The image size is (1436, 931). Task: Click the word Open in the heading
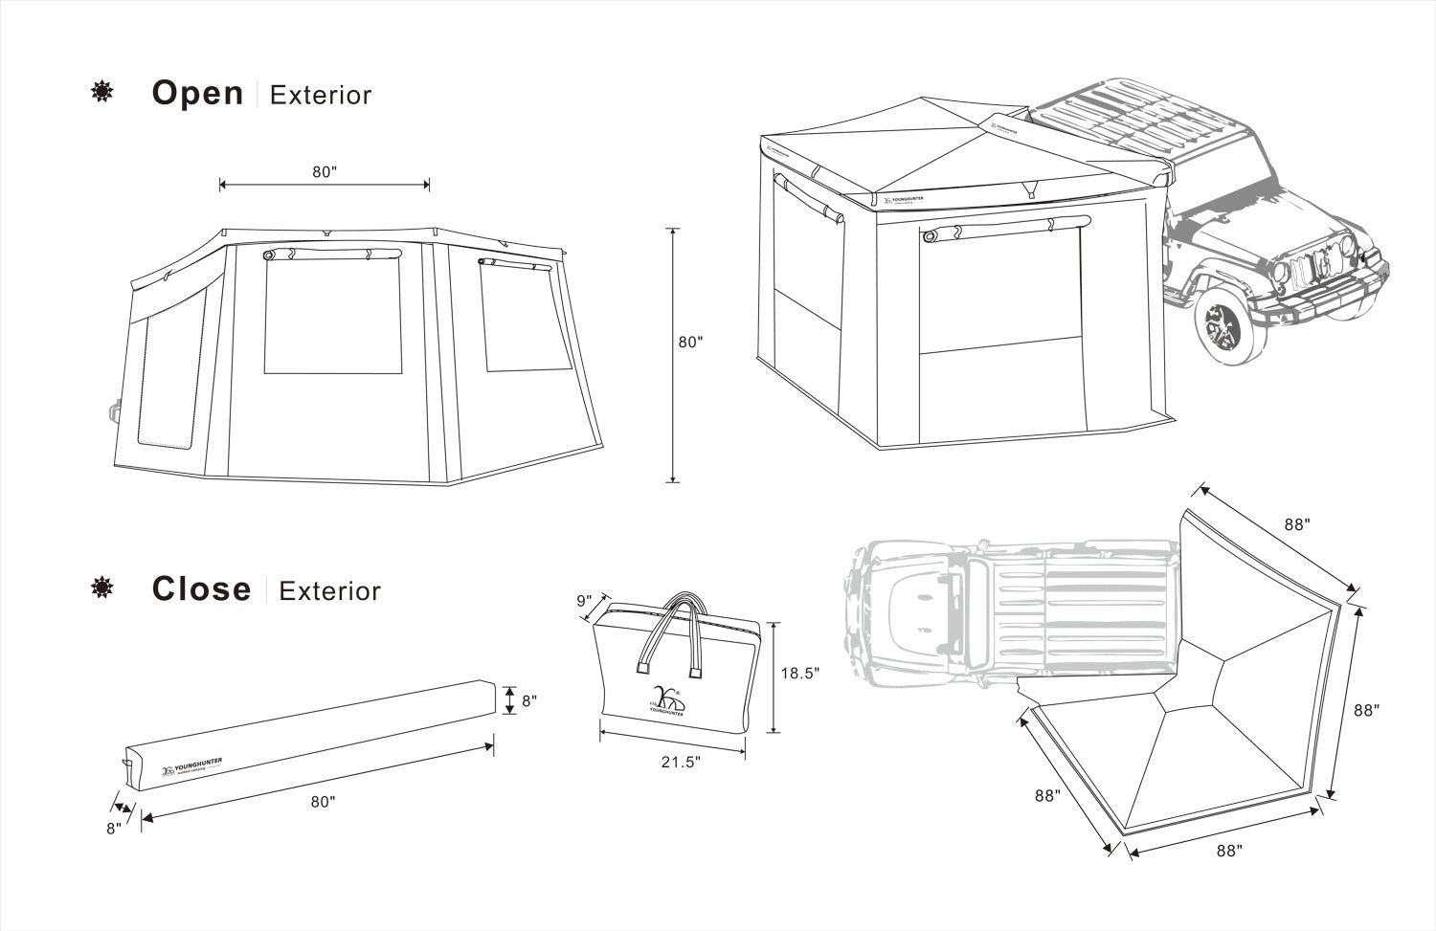pos(197,93)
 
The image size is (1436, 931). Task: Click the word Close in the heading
pos(201,589)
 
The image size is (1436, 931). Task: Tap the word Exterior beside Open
pos(321,95)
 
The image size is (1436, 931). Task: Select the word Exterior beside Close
pos(329,591)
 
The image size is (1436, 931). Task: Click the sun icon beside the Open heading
pos(101,92)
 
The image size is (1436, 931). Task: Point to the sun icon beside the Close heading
pos(101,587)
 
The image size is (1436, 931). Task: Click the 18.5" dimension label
pos(799,673)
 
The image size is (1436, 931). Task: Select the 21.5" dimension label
pos(681,762)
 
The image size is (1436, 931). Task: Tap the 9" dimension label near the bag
pos(583,601)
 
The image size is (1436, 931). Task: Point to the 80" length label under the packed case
pos(324,802)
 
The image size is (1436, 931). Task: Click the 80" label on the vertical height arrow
pos(690,343)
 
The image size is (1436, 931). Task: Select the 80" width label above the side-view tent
pos(325,172)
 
